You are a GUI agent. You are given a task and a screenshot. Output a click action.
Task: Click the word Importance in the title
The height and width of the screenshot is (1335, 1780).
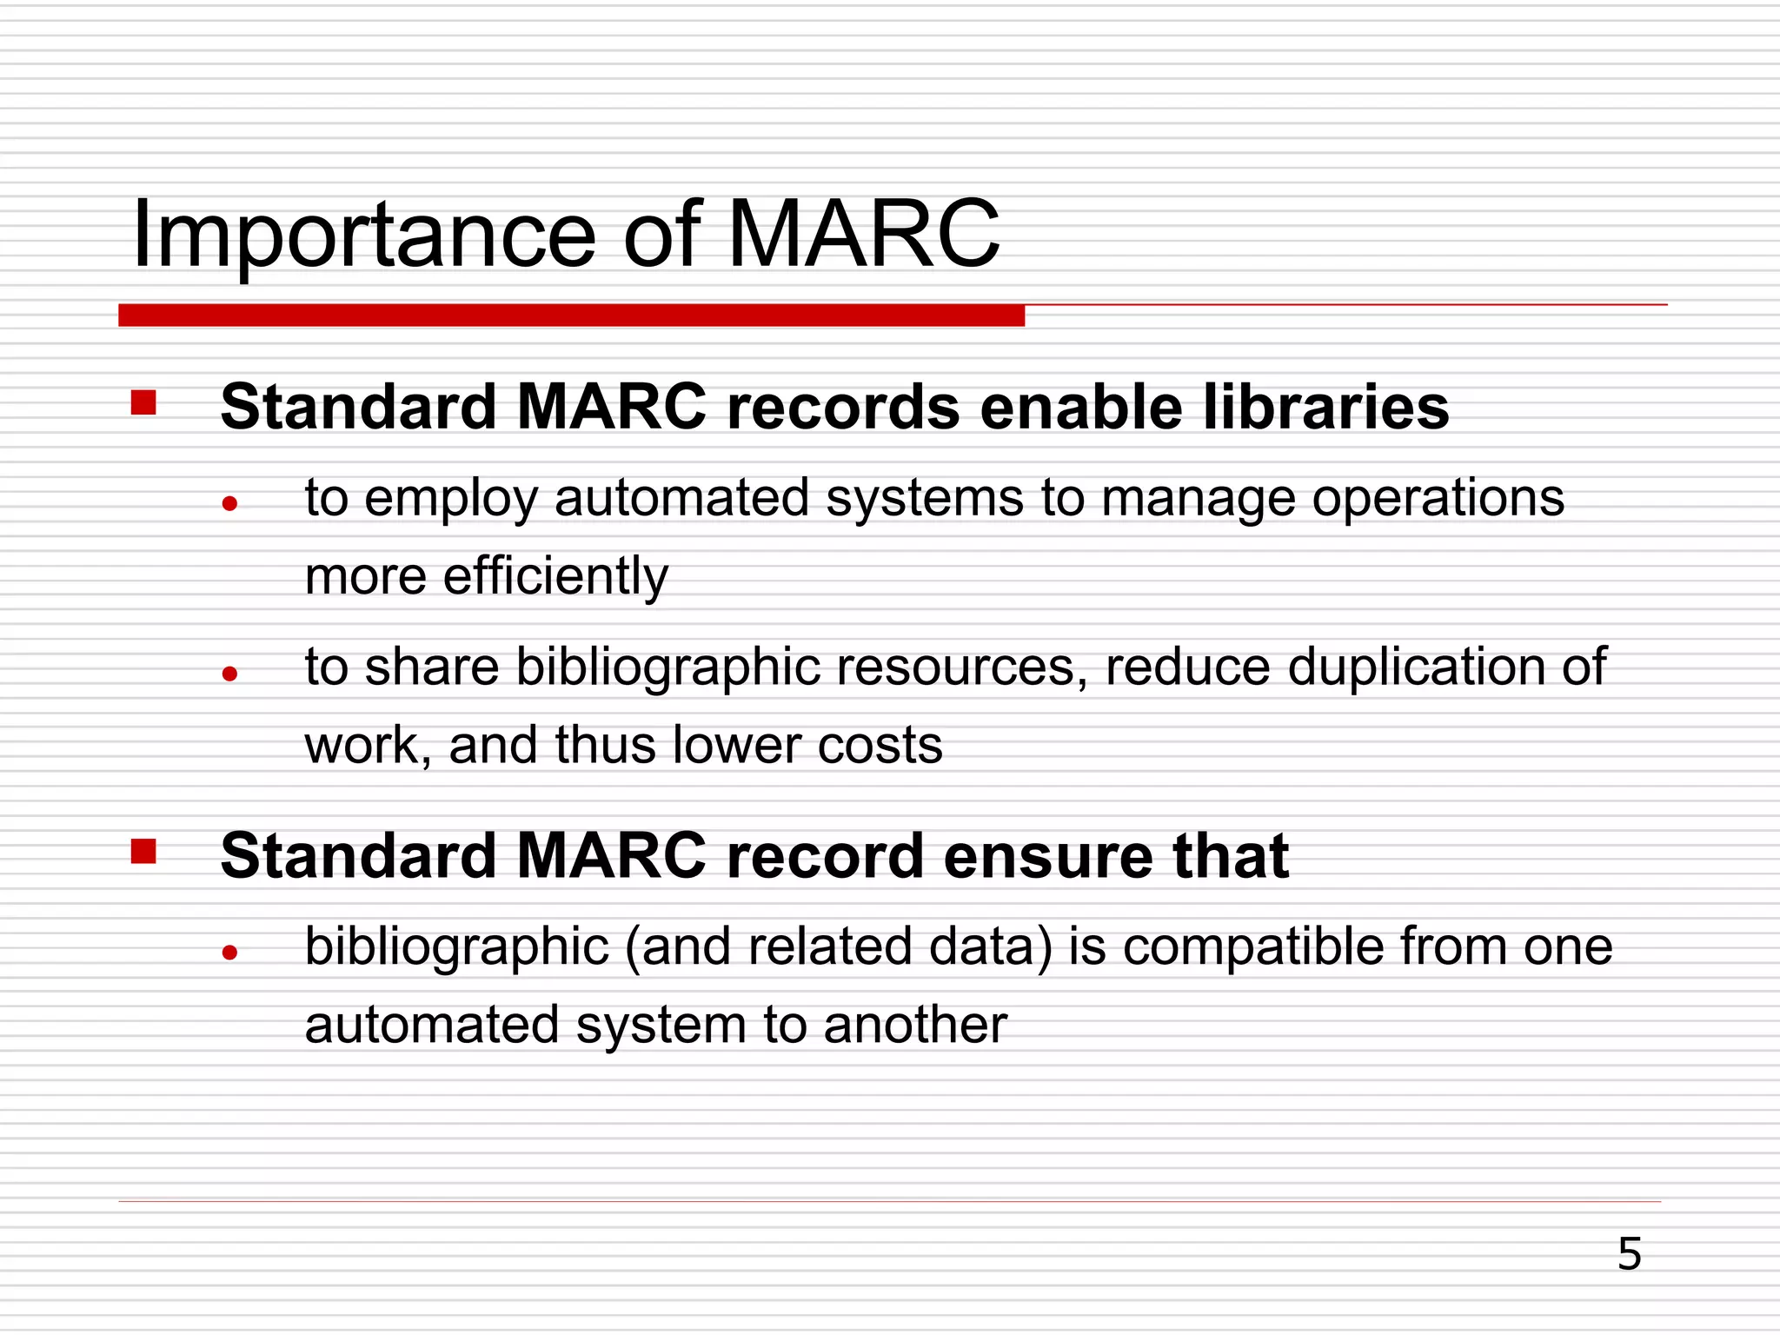coord(363,235)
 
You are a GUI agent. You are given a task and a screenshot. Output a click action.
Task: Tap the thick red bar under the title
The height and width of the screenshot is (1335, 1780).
coord(571,315)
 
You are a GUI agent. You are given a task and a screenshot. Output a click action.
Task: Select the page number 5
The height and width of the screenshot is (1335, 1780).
coord(1629,1254)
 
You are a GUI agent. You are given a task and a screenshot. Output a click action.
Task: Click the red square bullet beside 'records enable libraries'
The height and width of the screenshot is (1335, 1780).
coord(143,403)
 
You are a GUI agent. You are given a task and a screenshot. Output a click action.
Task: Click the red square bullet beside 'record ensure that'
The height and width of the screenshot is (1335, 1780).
coord(143,852)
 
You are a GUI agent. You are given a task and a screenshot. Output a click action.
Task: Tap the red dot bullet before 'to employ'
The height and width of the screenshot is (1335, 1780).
coord(229,503)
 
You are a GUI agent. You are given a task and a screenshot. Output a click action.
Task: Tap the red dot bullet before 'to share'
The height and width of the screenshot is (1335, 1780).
coord(229,673)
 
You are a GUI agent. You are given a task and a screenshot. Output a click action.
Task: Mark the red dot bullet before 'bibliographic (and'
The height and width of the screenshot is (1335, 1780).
coord(229,953)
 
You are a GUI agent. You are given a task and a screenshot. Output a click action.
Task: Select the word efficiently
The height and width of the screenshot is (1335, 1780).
coord(555,577)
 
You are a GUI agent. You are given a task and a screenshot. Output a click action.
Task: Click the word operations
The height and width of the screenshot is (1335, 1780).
coord(1438,499)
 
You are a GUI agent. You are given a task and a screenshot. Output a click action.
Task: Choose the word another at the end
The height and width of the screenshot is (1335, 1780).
coord(915,1026)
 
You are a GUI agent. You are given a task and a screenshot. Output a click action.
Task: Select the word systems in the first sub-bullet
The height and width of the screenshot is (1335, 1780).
coord(925,499)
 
